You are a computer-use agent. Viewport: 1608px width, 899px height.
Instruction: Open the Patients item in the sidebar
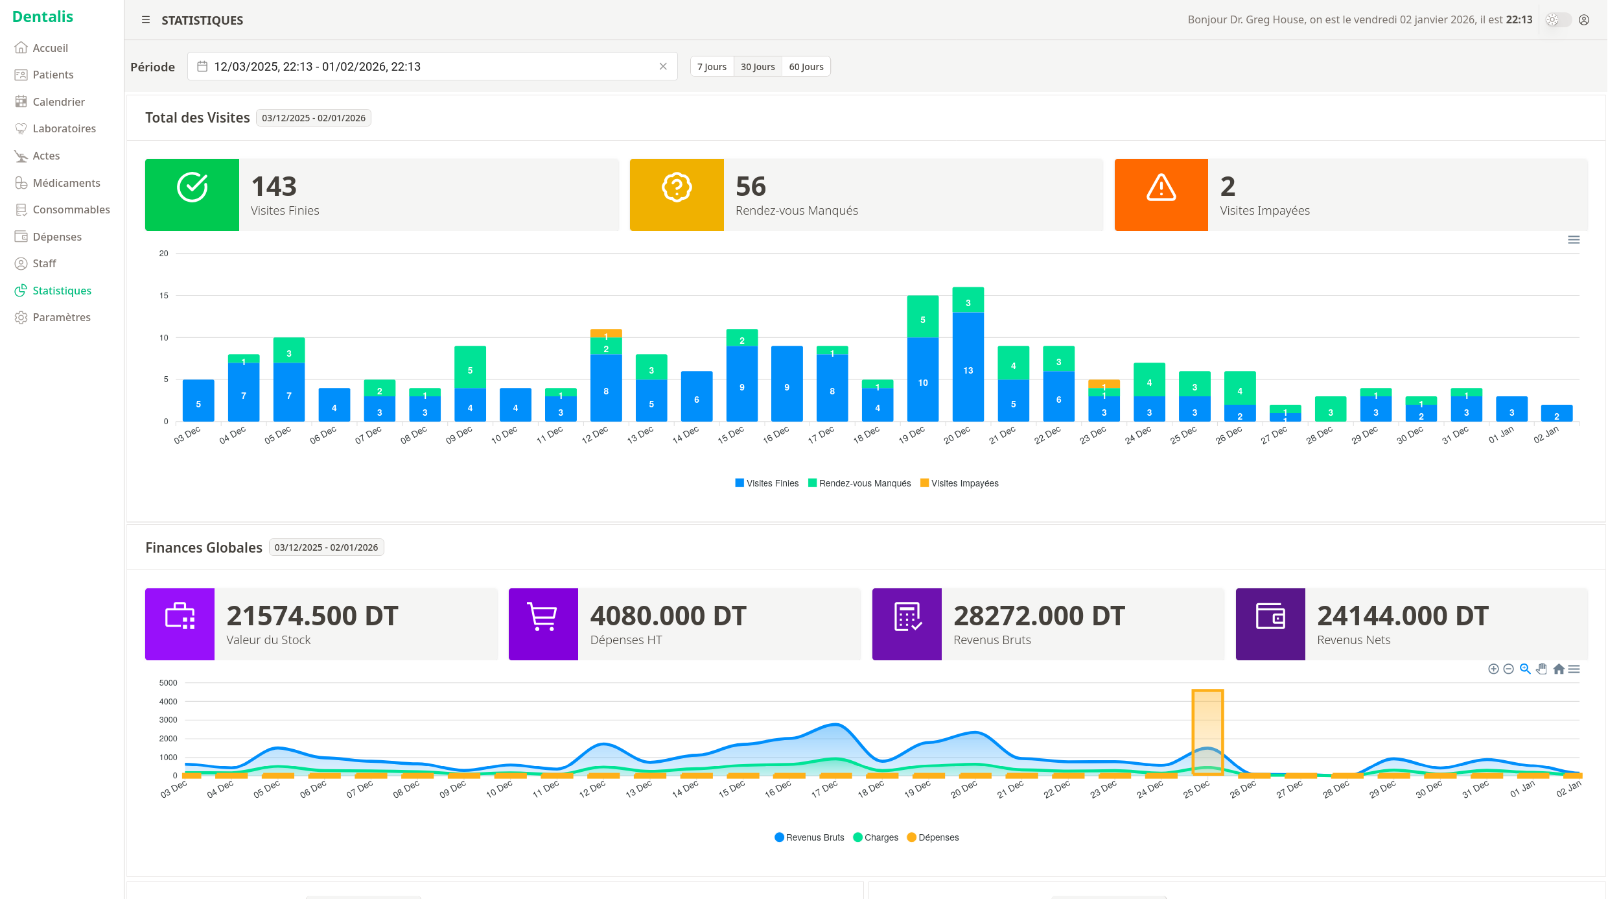[x=52, y=75]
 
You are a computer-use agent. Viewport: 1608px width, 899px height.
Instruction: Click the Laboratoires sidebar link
[x=64, y=128]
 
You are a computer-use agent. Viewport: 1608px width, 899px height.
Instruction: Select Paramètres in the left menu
[x=61, y=317]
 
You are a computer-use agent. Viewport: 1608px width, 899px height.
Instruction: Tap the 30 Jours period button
[x=757, y=67]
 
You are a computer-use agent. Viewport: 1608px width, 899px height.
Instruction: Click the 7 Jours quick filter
[x=711, y=67]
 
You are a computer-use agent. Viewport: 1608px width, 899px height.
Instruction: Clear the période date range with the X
[x=662, y=66]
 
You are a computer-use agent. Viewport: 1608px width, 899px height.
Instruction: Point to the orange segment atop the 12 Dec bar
[x=605, y=333]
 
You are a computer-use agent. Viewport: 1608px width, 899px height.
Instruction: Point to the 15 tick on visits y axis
[x=164, y=296]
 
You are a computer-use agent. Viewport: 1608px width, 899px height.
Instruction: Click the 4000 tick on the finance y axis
[x=168, y=701]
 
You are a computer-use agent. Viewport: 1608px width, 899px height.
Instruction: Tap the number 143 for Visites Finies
[x=274, y=187]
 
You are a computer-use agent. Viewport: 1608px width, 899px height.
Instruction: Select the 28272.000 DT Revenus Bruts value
[x=1038, y=616]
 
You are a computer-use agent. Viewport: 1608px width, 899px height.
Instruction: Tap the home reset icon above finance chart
[x=1558, y=669]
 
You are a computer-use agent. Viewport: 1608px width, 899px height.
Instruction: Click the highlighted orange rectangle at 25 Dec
[x=1207, y=732]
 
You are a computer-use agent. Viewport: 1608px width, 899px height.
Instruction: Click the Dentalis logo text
[x=43, y=17]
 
